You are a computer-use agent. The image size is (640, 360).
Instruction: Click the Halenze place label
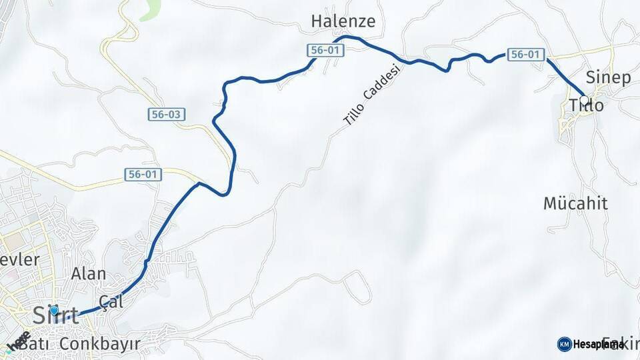tap(343, 22)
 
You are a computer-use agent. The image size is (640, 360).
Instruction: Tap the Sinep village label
tap(608, 77)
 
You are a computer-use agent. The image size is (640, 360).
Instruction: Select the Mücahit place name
tap(575, 204)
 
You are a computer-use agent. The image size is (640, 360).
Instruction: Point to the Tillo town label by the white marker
tap(587, 106)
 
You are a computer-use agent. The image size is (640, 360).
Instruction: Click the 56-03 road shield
tap(165, 115)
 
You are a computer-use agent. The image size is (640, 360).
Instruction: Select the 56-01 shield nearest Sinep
tap(526, 55)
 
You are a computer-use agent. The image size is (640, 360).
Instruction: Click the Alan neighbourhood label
tap(89, 274)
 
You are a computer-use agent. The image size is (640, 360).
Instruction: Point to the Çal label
tap(111, 301)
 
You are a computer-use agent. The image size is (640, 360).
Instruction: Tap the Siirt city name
tap(56, 315)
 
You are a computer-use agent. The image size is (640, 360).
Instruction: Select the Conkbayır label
tap(100, 344)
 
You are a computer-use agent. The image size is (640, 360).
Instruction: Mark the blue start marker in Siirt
tap(54, 310)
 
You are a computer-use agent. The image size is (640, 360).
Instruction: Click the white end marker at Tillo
tap(584, 101)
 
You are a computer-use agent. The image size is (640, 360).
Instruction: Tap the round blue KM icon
tap(564, 344)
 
